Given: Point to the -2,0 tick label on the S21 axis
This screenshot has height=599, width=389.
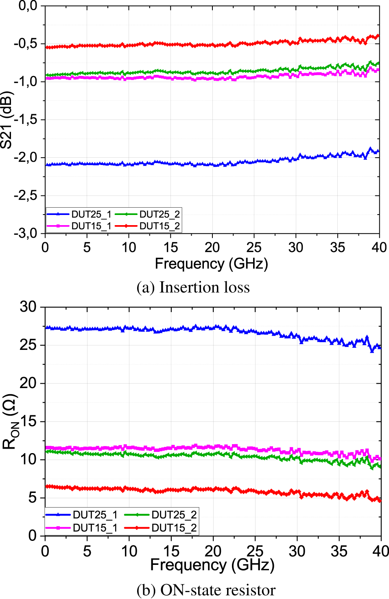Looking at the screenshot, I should tap(25, 157).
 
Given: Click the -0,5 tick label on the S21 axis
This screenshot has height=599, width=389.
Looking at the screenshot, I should tap(25, 43).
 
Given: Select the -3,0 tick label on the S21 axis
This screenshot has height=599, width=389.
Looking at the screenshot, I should tap(25, 233).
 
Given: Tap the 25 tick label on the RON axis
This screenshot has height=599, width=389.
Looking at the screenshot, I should tap(28, 345).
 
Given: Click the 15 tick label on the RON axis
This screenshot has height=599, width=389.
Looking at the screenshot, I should tap(28, 421).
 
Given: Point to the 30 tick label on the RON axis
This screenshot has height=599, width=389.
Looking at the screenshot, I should tap(28, 307).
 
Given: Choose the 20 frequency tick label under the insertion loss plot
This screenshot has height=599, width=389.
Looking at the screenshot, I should tap(212, 247).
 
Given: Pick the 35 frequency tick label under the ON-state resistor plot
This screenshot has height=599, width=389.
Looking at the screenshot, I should tap(339, 551).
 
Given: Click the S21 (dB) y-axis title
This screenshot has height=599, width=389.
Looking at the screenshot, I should tap(7, 120).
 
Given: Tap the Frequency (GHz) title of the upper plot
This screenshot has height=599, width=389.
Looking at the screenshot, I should tap(211, 264).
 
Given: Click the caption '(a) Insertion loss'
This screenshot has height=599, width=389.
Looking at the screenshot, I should tap(193, 287).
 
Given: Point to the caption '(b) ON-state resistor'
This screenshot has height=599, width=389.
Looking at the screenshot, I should tap(206, 590).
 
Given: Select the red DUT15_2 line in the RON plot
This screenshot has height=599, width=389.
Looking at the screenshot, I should tap(163, 490).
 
